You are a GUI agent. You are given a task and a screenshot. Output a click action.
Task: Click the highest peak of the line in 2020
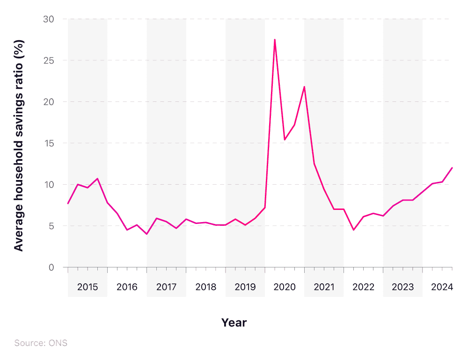tap(275, 39)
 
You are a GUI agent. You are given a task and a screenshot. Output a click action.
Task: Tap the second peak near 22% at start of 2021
tap(304, 86)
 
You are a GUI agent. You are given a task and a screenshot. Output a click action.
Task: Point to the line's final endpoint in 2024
tap(452, 167)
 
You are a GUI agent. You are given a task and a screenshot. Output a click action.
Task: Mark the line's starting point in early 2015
tap(68, 203)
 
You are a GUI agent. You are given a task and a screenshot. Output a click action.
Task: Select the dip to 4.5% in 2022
tap(354, 230)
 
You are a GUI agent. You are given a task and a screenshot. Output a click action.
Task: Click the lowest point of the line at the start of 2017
tap(146, 234)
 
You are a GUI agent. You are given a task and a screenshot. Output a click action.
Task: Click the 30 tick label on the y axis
tap(49, 19)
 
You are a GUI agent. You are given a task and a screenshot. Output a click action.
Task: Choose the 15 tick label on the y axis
tap(49, 143)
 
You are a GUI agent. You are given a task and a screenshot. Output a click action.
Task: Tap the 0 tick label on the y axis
tap(51, 267)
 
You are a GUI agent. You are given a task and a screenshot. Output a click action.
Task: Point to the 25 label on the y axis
tap(49, 60)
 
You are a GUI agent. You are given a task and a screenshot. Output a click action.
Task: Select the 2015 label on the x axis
tap(88, 287)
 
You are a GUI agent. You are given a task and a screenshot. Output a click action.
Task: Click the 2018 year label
tap(206, 287)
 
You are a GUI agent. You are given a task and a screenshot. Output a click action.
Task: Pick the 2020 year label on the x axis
tap(285, 287)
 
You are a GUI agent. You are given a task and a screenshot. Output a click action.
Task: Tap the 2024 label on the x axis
tap(442, 287)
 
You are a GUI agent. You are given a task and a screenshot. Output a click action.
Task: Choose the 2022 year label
tap(364, 287)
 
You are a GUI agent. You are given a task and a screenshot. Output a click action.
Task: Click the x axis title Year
tap(234, 323)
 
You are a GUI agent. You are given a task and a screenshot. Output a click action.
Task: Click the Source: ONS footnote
tap(41, 343)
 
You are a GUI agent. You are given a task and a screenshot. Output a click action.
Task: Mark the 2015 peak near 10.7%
tap(97, 179)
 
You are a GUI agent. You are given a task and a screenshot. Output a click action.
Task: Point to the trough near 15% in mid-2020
tap(285, 140)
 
